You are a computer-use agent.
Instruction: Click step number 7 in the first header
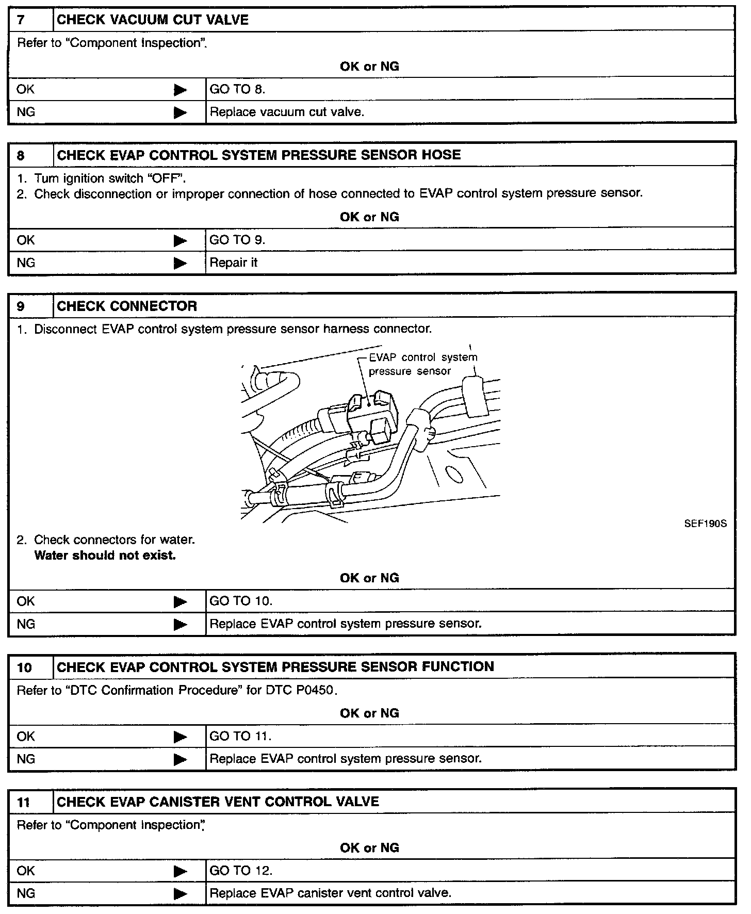click(21, 20)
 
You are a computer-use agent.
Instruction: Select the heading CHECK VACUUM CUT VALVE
click(152, 20)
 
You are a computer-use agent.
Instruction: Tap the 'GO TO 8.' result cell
click(237, 89)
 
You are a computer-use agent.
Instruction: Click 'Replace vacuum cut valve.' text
click(287, 112)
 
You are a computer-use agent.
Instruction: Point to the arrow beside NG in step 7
click(180, 112)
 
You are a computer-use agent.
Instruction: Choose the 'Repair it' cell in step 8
click(234, 263)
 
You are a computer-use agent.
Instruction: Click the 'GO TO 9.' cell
click(237, 240)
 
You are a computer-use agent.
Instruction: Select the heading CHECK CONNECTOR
click(127, 306)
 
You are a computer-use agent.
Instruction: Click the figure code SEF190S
click(705, 524)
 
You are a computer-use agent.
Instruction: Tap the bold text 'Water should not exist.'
click(105, 556)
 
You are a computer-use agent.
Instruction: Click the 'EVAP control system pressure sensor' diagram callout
click(423, 364)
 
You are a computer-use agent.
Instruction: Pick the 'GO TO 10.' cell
click(241, 601)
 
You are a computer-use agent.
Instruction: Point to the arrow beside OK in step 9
click(180, 601)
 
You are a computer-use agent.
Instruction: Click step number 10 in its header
click(24, 667)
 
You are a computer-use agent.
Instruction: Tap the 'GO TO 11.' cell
click(240, 736)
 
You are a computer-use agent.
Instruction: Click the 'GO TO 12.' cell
click(241, 871)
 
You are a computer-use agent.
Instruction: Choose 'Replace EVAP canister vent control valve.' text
click(331, 893)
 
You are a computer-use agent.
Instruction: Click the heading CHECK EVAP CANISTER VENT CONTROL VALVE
click(218, 802)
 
